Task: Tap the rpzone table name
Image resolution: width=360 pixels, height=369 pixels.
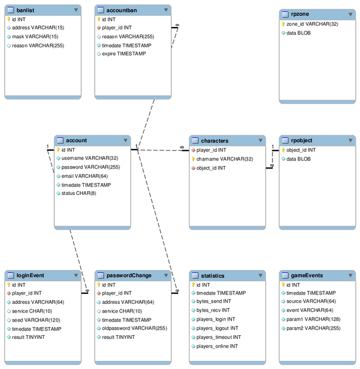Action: [301, 15]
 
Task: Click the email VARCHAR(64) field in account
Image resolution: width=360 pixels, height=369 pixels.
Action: [85, 176]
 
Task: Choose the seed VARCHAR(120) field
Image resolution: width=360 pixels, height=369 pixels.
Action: [36, 320]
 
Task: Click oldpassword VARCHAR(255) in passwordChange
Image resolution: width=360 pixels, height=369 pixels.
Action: [134, 329]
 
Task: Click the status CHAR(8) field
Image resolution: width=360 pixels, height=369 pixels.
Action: [79, 193]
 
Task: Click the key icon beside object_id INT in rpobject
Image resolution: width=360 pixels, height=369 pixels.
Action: [284, 150]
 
